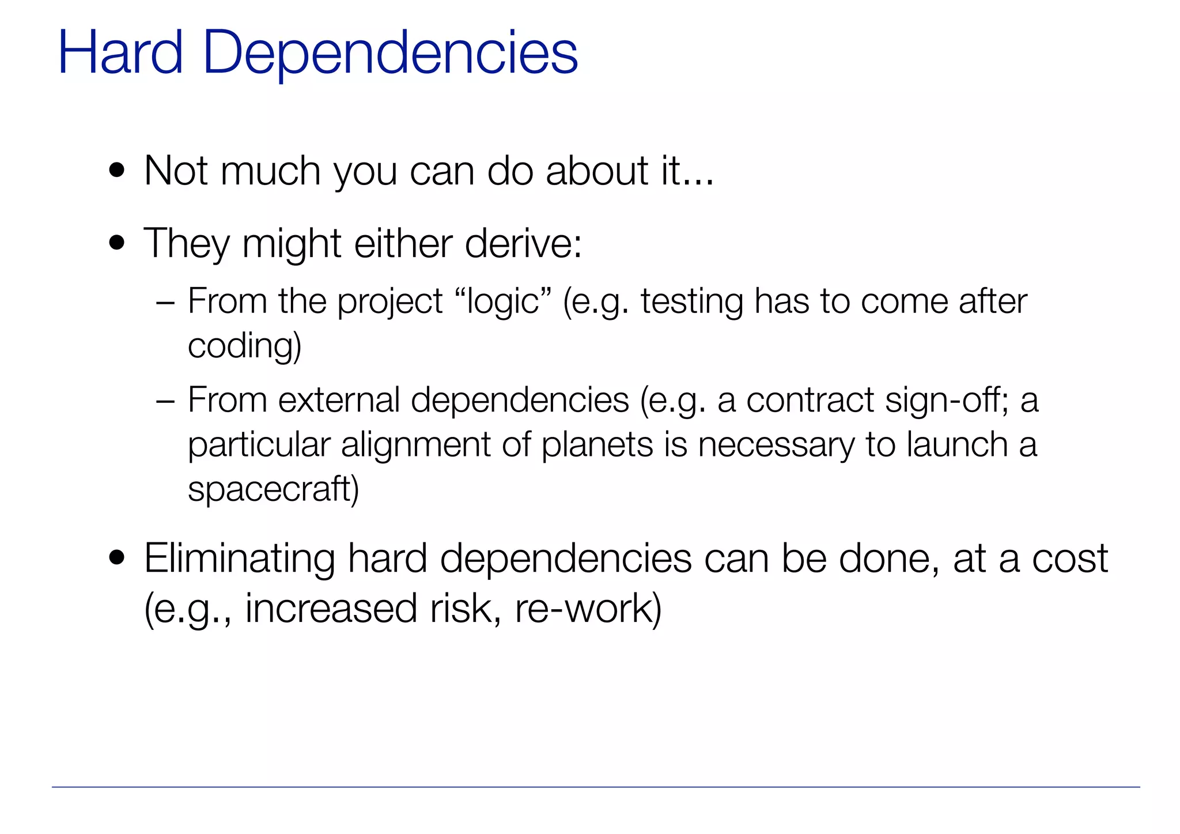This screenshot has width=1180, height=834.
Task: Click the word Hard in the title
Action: tap(120, 53)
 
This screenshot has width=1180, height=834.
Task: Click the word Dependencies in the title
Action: tap(390, 53)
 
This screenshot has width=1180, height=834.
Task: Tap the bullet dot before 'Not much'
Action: tap(117, 171)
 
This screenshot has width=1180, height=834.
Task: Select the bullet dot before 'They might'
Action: tap(117, 243)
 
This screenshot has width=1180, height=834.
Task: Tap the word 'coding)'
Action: tap(245, 346)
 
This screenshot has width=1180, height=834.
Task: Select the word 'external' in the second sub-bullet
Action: tap(339, 400)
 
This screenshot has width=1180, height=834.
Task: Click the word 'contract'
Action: tap(810, 400)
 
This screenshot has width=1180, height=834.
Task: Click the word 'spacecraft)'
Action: tap(273, 489)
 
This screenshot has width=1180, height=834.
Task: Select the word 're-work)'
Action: tap(588, 609)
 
